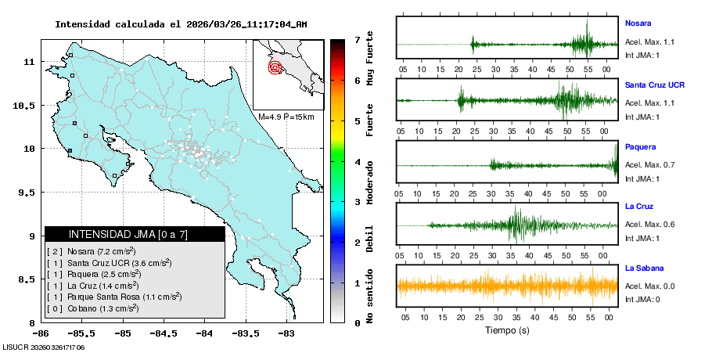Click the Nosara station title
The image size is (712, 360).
point(638,23)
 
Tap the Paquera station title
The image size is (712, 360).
point(640,146)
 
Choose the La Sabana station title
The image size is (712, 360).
point(645,268)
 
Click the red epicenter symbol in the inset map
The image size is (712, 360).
point(275,67)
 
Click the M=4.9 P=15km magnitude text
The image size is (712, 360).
point(286,117)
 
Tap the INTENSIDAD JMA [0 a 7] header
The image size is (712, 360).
point(128,234)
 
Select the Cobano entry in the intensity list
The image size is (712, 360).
point(93,308)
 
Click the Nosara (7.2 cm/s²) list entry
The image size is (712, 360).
point(92,251)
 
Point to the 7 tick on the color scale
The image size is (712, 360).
point(357,39)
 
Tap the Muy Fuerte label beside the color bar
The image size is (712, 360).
point(370,59)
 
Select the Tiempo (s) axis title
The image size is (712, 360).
point(507,330)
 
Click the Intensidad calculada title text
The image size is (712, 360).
point(181,24)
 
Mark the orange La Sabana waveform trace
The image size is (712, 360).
point(507,286)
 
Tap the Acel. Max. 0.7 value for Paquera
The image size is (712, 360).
point(649,165)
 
